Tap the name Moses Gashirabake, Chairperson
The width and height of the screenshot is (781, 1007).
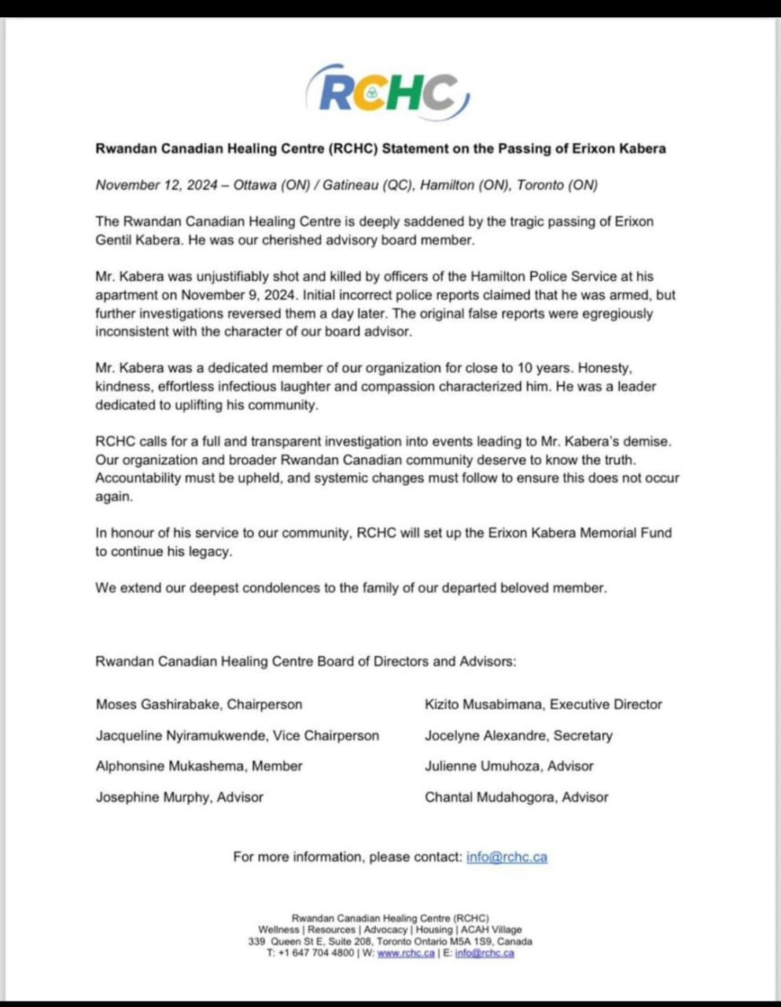[199, 705]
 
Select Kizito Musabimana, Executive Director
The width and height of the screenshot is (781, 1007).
[543, 705]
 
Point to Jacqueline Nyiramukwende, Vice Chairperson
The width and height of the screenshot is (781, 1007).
[238, 736]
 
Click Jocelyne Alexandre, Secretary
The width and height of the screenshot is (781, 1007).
[518, 736]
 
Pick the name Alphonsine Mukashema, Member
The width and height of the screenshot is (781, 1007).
[199, 766]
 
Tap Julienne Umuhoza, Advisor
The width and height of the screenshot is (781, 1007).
[509, 766]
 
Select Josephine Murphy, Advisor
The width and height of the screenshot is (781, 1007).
[179, 798]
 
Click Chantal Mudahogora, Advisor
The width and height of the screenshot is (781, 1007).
[517, 798]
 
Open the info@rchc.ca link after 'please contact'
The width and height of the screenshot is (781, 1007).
[507, 858]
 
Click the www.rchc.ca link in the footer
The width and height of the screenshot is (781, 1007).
[406, 954]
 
